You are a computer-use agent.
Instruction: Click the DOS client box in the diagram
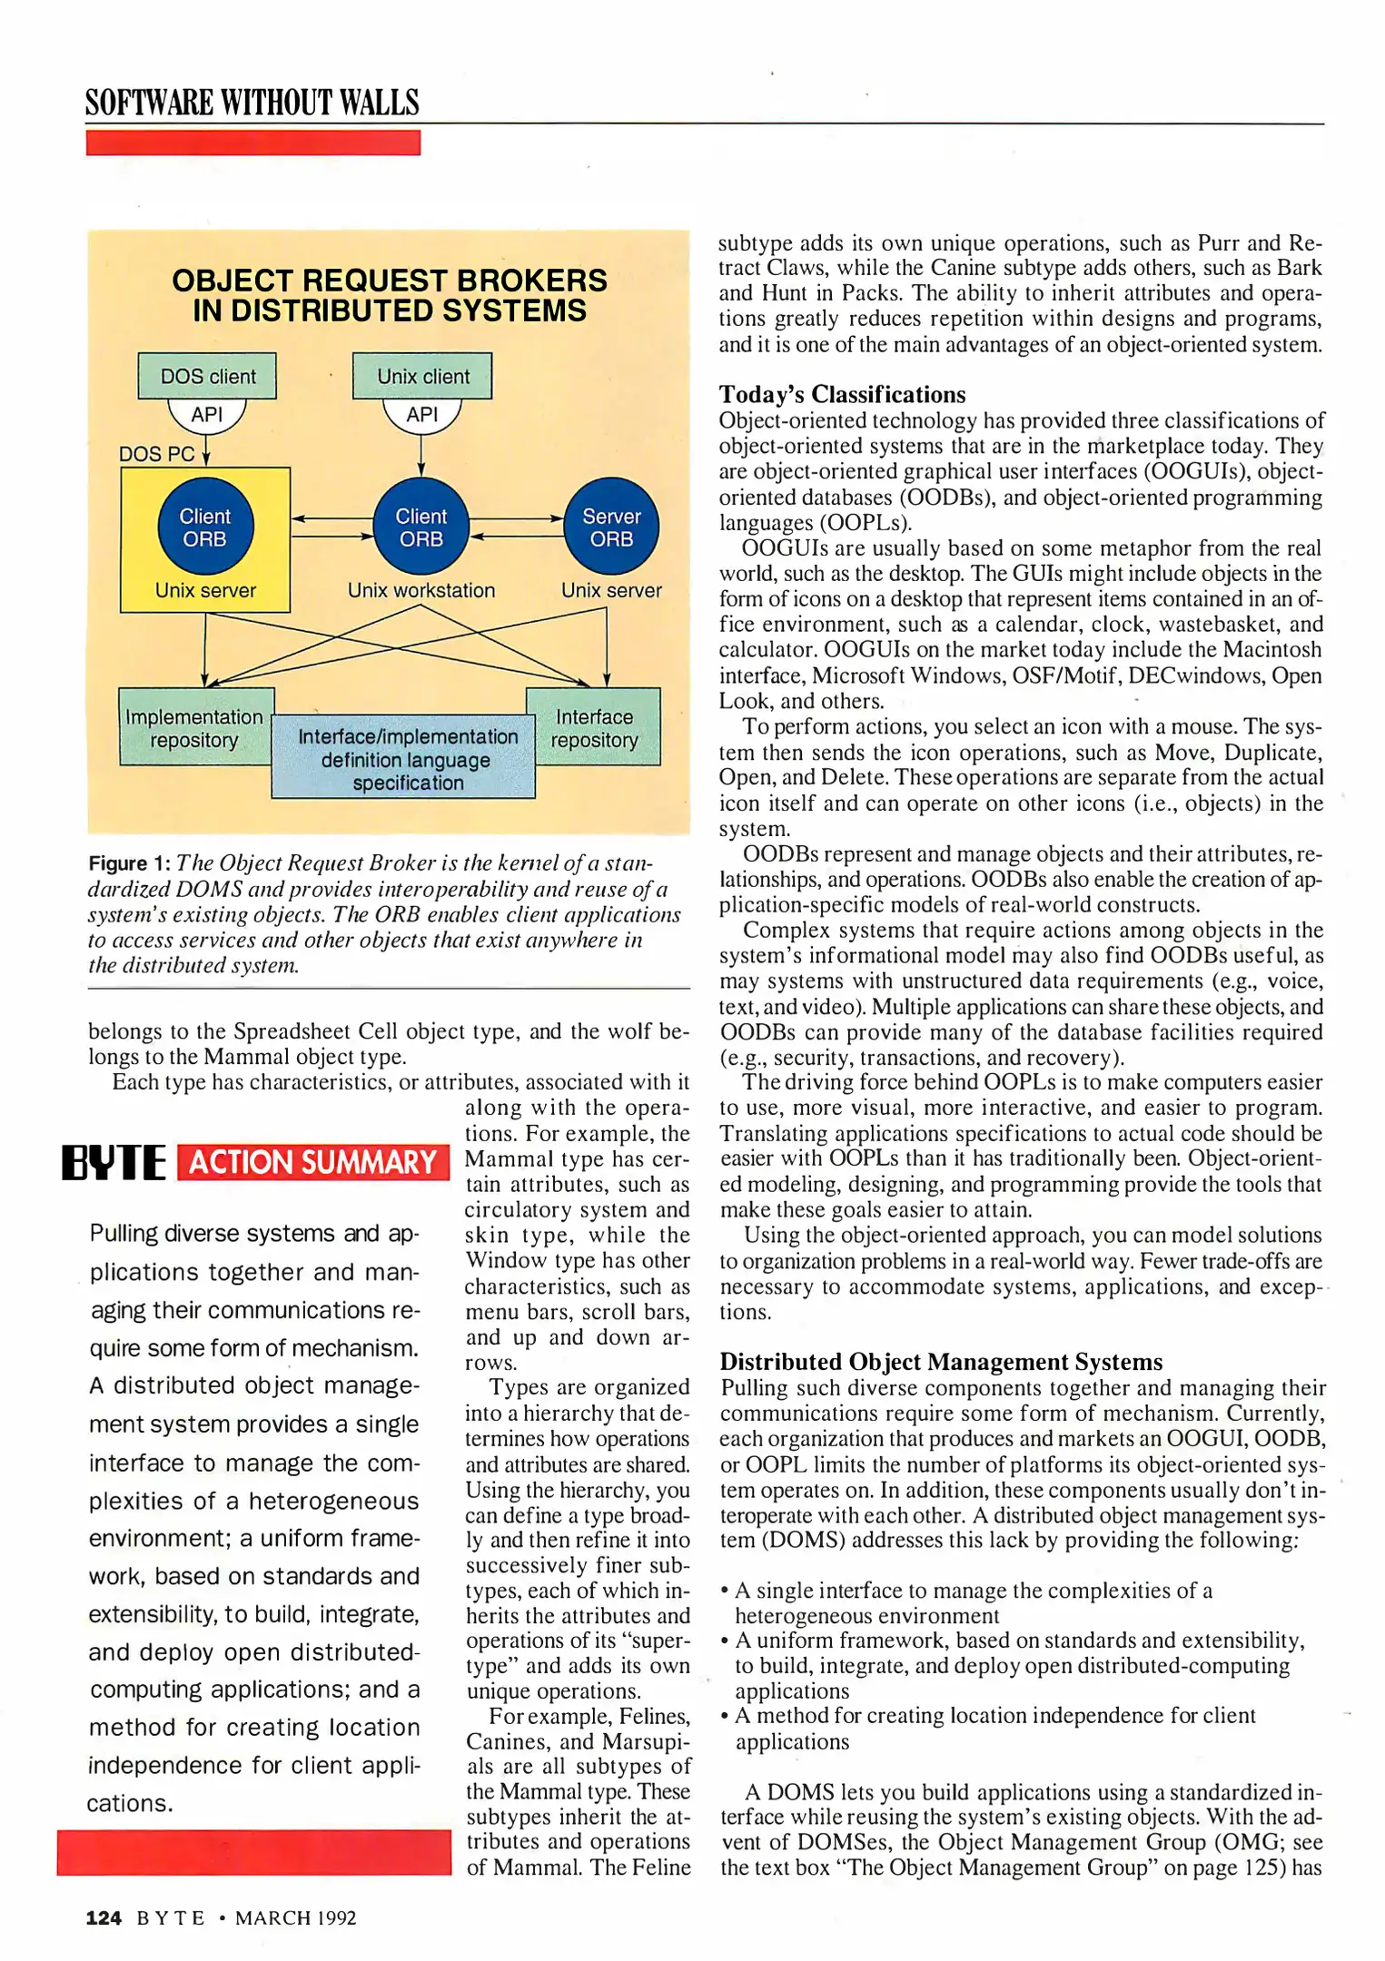(x=207, y=376)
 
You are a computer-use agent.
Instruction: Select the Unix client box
(x=422, y=376)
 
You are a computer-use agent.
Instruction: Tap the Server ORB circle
(x=611, y=527)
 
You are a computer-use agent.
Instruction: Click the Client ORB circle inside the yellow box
(x=205, y=527)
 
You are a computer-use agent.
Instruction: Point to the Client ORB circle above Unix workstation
(x=421, y=527)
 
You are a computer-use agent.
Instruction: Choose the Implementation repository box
(x=194, y=728)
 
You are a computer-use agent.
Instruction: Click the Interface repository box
(x=595, y=728)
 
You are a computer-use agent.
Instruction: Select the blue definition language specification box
(x=405, y=759)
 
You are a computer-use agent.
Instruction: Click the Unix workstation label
(x=421, y=591)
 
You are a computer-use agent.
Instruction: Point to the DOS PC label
(x=156, y=454)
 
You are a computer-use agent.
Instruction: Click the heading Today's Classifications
(x=842, y=395)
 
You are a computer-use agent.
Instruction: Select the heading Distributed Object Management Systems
(x=941, y=1362)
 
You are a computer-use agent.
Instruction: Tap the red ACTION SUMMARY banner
(x=313, y=1163)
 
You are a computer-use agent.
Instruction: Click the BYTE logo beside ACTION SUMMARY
(x=114, y=1163)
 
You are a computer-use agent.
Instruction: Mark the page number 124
(x=104, y=1917)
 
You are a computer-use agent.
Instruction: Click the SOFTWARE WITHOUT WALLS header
(x=252, y=103)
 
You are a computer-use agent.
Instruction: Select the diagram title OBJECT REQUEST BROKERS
(x=390, y=281)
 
